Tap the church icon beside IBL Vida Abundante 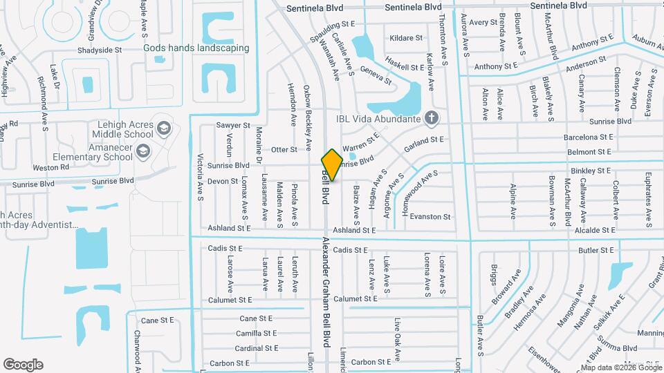[432, 118]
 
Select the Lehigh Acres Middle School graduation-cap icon [163, 128]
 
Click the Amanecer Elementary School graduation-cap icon [142, 151]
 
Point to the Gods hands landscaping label [196, 48]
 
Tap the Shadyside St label [100, 50]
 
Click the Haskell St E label [405, 68]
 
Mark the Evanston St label [430, 217]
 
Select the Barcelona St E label [589, 137]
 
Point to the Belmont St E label [589, 151]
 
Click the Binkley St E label [590, 170]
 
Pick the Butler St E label [597, 251]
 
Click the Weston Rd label [50, 167]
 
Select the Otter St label [284, 149]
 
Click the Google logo [23, 364]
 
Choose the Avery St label [479, 23]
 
